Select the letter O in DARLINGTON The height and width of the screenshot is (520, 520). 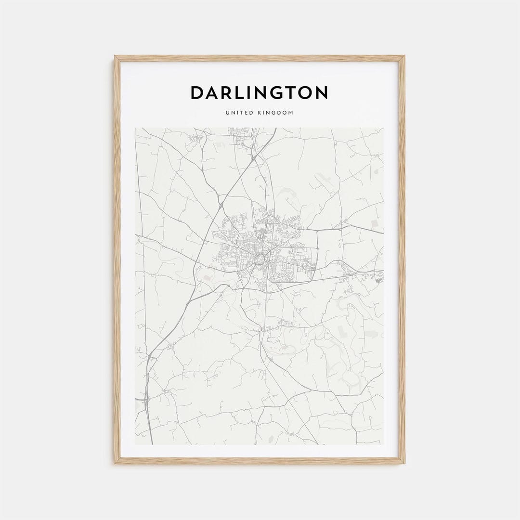click(303, 93)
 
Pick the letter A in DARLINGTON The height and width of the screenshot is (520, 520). click(213, 93)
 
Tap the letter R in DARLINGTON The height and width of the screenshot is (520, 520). click(226, 93)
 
